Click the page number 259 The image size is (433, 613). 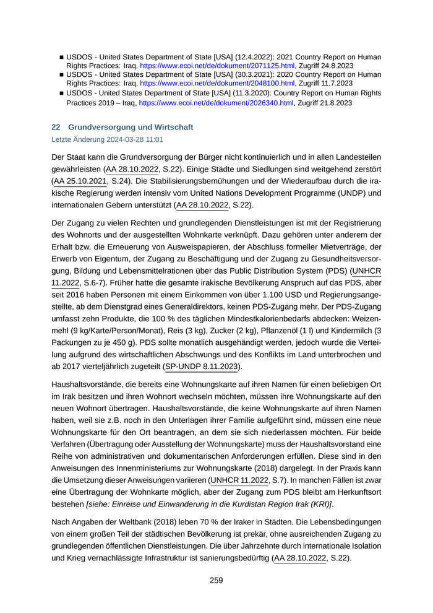(216, 580)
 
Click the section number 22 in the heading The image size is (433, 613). (55, 127)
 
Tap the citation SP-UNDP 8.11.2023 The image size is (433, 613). (202, 367)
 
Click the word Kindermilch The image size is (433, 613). (353, 331)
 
